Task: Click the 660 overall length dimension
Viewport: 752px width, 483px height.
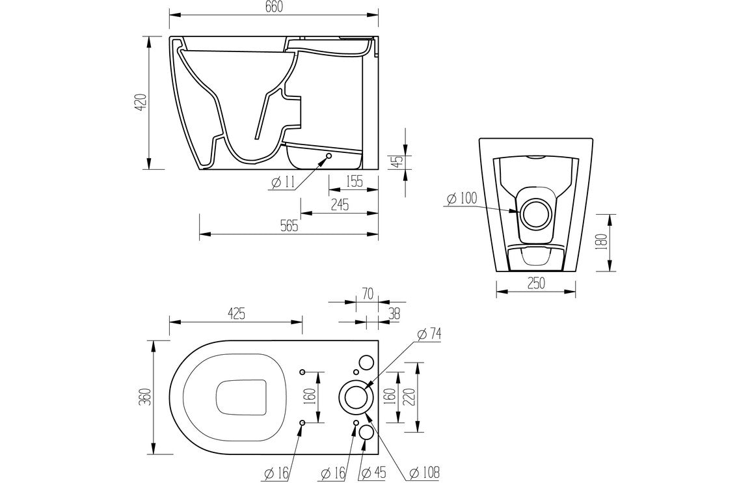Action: click(x=274, y=6)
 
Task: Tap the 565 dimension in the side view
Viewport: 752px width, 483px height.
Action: click(x=289, y=227)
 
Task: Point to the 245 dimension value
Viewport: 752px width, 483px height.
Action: click(x=340, y=204)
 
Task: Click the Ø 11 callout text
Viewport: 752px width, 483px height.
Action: click(x=283, y=183)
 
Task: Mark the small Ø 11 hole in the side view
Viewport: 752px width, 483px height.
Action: click(x=329, y=156)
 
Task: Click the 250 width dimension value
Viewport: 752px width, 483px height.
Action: click(x=535, y=283)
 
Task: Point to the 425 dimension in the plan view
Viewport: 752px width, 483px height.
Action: click(x=235, y=314)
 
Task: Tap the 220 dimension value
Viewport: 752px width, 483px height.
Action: click(x=409, y=396)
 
